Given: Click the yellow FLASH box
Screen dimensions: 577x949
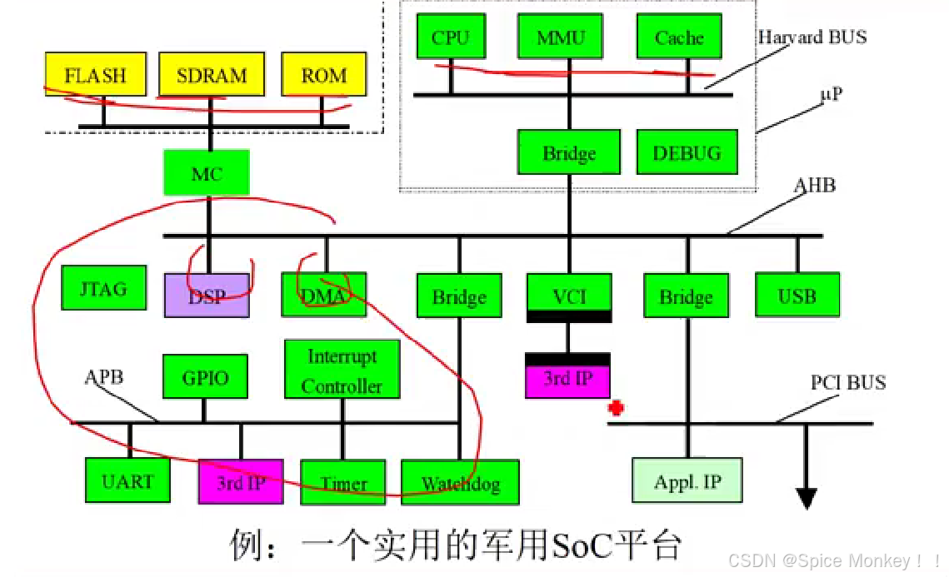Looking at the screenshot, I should (x=95, y=75).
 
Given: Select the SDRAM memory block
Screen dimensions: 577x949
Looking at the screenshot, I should (x=212, y=75).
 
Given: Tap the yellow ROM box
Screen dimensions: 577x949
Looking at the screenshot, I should (x=324, y=75).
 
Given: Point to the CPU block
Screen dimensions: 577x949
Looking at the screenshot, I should (x=451, y=37).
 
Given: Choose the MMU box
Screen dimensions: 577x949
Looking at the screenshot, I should (x=561, y=37).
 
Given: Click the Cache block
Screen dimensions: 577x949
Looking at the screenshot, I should (x=679, y=37).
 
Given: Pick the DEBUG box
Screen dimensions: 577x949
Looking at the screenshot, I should (x=687, y=152).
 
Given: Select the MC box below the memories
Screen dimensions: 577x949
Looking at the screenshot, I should (x=207, y=173).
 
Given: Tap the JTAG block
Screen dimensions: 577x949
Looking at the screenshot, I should (x=104, y=288).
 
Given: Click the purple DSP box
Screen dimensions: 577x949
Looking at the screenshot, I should (x=207, y=295).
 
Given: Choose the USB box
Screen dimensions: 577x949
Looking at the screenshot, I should (x=797, y=295).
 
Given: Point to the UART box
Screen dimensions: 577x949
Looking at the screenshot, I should (x=128, y=481).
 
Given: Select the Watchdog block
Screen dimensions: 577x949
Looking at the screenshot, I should (x=460, y=483).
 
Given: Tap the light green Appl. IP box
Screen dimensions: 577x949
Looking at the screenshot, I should (x=687, y=480).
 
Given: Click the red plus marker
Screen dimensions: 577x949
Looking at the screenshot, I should (x=617, y=408).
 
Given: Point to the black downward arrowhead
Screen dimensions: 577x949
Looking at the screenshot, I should (x=806, y=498).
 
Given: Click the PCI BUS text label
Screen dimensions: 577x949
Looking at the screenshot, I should (x=848, y=383).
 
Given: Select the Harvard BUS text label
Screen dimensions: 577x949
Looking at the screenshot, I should (x=812, y=37).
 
